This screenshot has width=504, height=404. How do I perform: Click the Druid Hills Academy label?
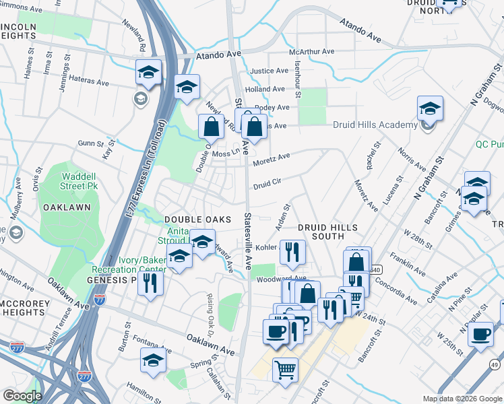pyautogui.click(x=375, y=125)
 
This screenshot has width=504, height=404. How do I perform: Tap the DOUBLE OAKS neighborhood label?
pyautogui.click(x=197, y=220)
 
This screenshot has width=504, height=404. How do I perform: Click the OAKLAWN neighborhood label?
pyautogui.click(x=67, y=207)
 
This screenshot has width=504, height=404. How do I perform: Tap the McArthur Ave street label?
pyautogui.click(x=311, y=52)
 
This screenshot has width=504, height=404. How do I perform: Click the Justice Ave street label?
pyautogui.click(x=269, y=71)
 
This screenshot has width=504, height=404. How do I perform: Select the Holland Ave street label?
pyautogui.click(x=265, y=89)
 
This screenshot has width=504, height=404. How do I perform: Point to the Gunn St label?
pyautogui.click(x=89, y=143)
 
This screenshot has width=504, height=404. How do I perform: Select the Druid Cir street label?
pyautogui.click(x=266, y=182)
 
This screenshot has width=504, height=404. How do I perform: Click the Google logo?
pyautogui.click(x=22, y=396)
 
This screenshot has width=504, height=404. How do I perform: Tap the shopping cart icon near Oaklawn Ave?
pyautogui.click(x=286, y=369)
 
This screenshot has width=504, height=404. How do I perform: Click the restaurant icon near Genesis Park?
pyautogui.click(x=150, y=283)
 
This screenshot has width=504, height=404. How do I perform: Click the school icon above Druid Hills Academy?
pyautogui.click(x=430, y=108)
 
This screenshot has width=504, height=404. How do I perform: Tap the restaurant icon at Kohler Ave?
pyautogui.click(x=292, y=252)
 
